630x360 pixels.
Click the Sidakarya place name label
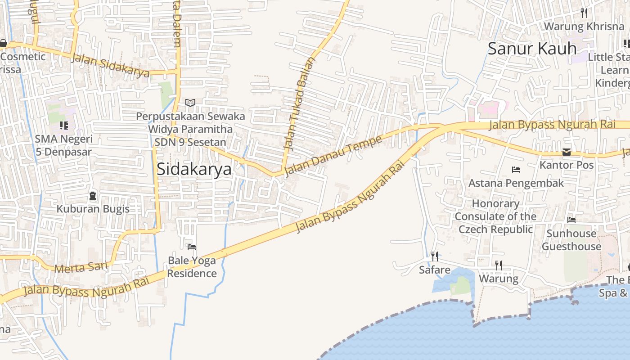tap(194, 169)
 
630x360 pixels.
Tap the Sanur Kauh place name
tap(532, 49)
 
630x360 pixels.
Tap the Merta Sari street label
tap(81, 267)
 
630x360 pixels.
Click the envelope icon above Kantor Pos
tap(567, 152)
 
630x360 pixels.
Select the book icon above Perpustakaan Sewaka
tap(190, 103)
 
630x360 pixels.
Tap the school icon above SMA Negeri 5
tap(63, 126)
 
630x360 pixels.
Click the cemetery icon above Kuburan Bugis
tap(93, 196)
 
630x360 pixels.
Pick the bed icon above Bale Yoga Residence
tap(192, 247)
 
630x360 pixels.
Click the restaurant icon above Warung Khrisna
tap(584, 13)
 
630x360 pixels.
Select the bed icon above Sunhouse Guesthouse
tap(571, 220)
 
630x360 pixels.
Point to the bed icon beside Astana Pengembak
tap(516, 170)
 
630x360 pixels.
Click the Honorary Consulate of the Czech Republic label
tap(495, 216)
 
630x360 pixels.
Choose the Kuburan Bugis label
tap(93, 209)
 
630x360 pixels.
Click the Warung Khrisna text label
tap(584, 26)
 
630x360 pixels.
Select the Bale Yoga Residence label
tap(192, 267)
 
